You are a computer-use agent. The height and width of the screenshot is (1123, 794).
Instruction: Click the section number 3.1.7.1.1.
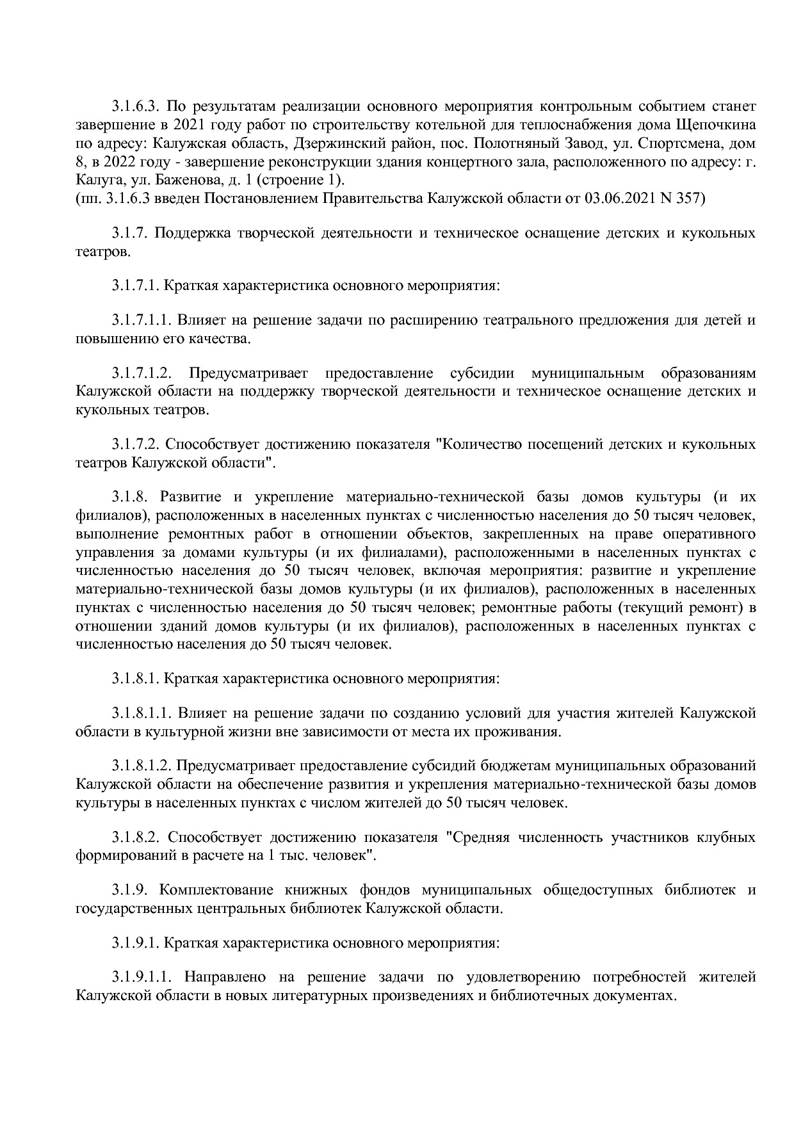tap(143, 320)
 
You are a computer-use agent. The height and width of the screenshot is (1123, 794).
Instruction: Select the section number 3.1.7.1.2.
tap(143, 373)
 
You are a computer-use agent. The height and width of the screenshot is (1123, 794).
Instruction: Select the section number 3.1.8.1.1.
tap(143, 713)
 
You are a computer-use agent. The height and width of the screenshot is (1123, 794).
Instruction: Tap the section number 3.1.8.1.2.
tap(143, 766)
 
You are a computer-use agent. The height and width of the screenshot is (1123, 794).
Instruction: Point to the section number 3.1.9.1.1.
tap(143, 978)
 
